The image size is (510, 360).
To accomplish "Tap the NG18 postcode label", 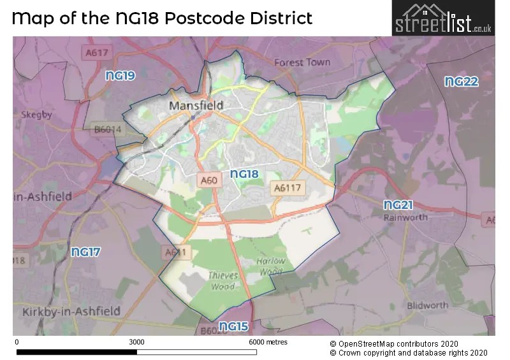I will pos(244,173).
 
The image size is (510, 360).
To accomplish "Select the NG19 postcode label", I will pos(120,76).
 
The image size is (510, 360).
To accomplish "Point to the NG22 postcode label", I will pos(461,82).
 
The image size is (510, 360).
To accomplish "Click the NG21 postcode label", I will pos(398,205).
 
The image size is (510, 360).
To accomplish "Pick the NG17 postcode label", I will pos(85,252).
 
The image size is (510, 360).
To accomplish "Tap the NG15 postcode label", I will pos(233,327).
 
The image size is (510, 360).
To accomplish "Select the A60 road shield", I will pos(209,181).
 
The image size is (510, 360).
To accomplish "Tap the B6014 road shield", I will pos(107,129).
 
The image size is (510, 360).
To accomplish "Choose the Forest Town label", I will pos(302,62).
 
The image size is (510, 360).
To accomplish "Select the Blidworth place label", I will pos(427,305).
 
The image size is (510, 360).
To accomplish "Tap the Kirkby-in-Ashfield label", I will pos(71,311).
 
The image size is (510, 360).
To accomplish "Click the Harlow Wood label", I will pos(271,266).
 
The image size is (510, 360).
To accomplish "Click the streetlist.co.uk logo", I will pos(442,18).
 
